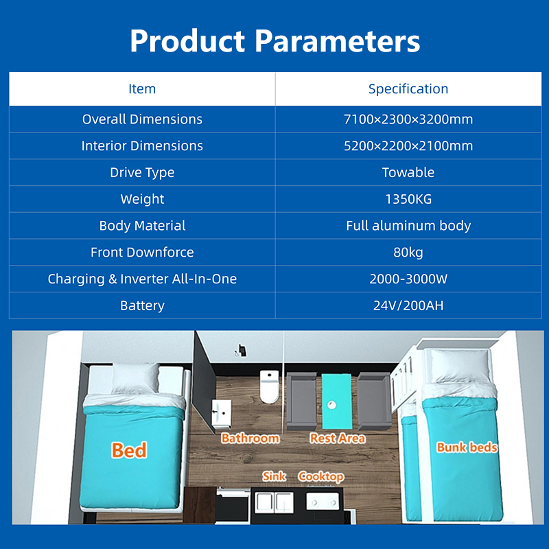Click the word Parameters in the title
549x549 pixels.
pyautogui.click(x=337, y=41)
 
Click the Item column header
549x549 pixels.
pyautogui.click(x=142, y=89)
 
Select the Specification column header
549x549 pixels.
pyautogui.click(x=408, y=89)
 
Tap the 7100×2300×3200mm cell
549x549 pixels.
pyautogui.click(x=408, y=119)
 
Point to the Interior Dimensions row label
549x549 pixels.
pyautogui.click(x=142, y=145)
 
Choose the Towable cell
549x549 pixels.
pyautogui.click(x=408, y=172)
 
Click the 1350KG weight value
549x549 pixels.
pyautogui.click(x=408, y=199)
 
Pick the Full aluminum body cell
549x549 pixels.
pyautogui.click(x=408, y=226)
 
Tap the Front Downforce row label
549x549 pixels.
pyautogui.click(x=142, y=252)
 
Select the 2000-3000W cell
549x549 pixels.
pyautogui.click(x=408, y=279)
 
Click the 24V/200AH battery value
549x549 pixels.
pyautogui.click(x=408, y=305)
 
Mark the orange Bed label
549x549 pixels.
pyautogui.click(x=129, y=450)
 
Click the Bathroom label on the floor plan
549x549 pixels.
pyautogui.click(x=250, y=439)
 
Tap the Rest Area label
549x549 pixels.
pyautogui.click(x=338, y=439)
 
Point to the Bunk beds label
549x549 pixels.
pyautogui.click(x=467, y=447)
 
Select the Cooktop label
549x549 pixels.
pyautogui.click(x=321, y=477)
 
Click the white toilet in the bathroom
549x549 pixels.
pyautogui.click(x=269, y=386)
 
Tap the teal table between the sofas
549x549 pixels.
pyautogui.click(x=337, y=401)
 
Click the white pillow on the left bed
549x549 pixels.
pyautogui.click(x=135, y=379)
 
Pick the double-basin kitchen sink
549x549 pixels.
pyautogui.click(x=274, y=503)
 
